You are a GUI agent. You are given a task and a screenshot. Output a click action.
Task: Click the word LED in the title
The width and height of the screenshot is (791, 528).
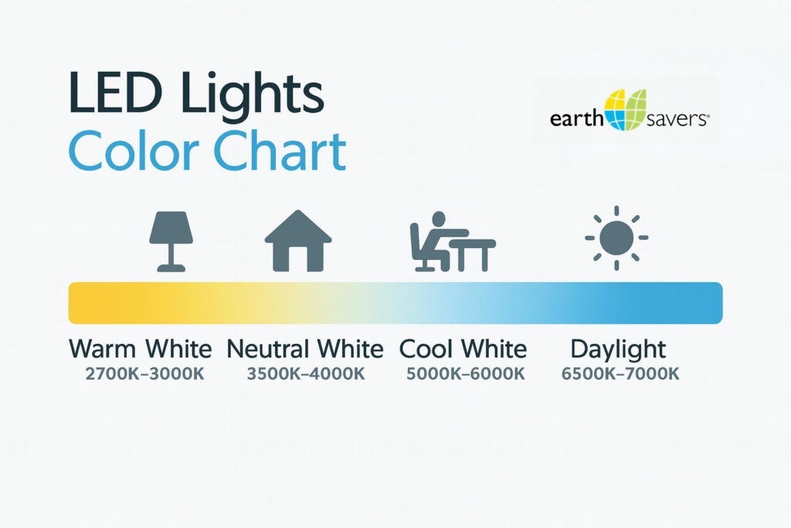[116, 93]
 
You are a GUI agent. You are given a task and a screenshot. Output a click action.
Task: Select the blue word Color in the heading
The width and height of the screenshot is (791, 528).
[133, 152]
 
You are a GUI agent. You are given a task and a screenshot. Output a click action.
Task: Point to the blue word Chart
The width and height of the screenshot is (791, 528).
[280, 151]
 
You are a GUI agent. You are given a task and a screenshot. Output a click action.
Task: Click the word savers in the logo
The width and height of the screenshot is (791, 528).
[677, 120]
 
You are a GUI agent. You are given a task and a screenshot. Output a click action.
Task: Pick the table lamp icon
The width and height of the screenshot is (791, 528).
[171, 241]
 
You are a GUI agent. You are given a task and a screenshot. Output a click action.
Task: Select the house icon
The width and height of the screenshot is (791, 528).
[298, 240]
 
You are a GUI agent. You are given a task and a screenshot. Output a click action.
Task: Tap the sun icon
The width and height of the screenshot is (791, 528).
[616, 238]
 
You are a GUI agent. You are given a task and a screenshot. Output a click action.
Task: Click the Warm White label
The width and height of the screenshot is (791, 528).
[141, 349]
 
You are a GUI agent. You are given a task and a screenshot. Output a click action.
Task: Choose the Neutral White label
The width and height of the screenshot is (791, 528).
[304, 349]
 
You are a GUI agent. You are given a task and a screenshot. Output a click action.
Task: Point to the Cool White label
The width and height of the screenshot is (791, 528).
[463, 349]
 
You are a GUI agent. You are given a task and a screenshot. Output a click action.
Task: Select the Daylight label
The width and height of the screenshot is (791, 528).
[618, 350]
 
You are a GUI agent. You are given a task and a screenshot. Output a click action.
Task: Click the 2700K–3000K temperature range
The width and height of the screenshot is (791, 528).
[144, 374]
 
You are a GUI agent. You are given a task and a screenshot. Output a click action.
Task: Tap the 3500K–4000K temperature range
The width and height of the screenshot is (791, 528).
[306, 374]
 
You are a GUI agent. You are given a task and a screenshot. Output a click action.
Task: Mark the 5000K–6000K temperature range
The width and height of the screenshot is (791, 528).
[466, 374]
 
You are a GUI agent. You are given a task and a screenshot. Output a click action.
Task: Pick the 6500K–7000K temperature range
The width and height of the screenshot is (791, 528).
[620, 374]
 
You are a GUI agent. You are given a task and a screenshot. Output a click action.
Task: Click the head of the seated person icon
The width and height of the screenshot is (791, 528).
[439, 219]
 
